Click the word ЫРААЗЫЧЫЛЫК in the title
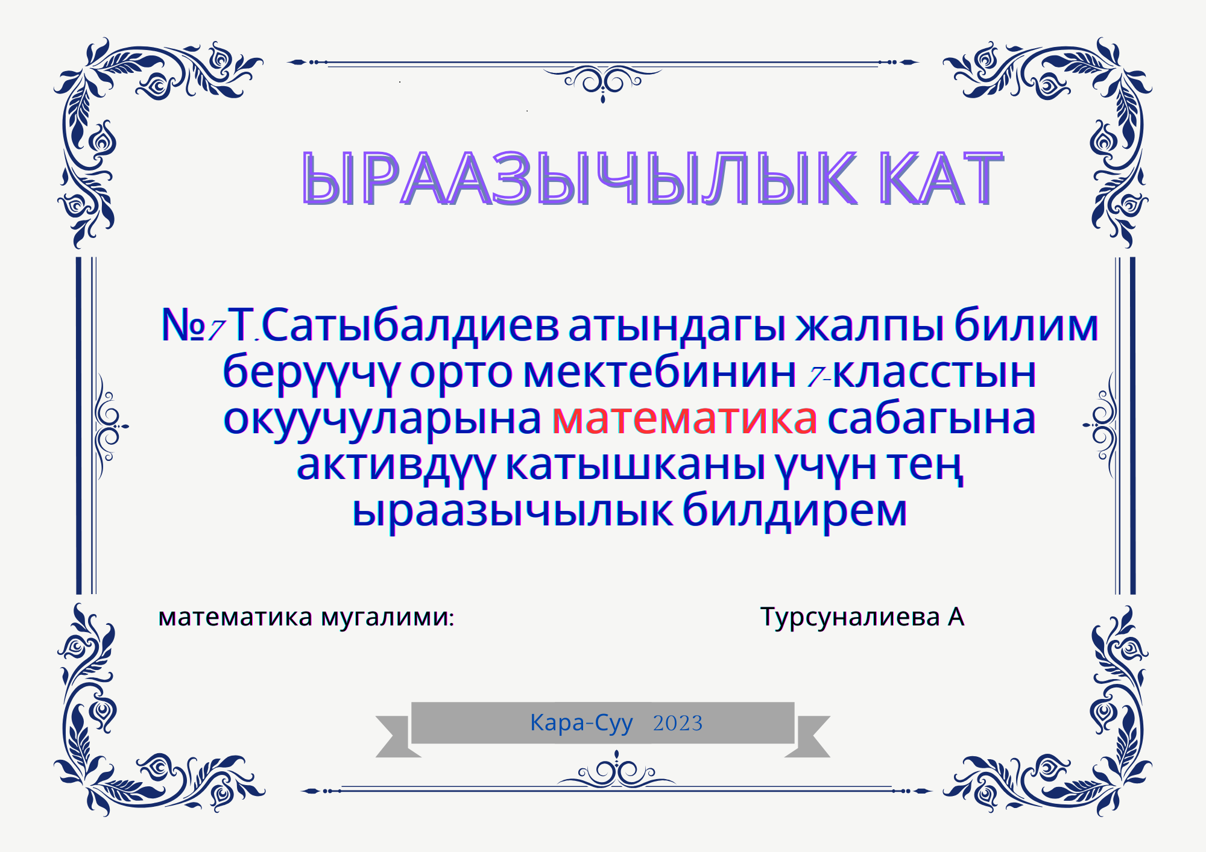(579, 178)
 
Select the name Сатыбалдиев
(410, 325)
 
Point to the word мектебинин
(660, 372)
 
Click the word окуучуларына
(382, 420)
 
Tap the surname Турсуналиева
(850, 618)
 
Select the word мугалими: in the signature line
(388, 618)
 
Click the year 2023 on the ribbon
(678, 723)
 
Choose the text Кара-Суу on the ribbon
(581, 723)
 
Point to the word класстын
(934, 373)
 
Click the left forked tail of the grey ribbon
(395, 736)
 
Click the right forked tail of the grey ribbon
(810, 736)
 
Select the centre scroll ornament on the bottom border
(616, 770)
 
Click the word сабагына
(932, 420)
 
